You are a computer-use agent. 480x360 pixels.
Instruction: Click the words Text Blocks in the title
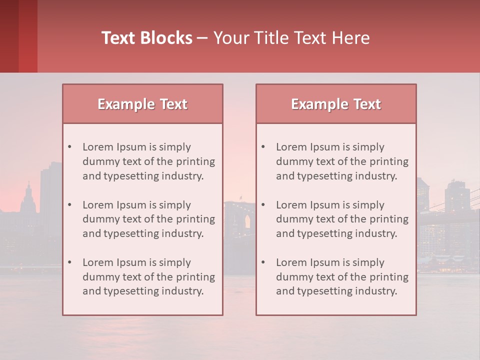click(x=147, y=38)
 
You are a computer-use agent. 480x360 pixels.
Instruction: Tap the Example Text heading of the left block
click(x=142, y=104)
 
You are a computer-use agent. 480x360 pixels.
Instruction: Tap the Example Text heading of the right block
click(x=336, y=104)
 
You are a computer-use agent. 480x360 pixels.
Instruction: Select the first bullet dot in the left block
click(x=69, y=147)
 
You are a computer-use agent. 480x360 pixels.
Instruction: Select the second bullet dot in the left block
click(x=69, y=205)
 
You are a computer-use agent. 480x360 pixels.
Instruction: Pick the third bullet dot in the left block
click(x=69, y=262)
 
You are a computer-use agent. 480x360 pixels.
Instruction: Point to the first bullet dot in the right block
click(x=263, y=147)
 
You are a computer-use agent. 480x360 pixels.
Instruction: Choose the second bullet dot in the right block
click(x=263, y=205)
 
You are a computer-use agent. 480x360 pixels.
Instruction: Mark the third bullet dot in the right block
click(x=263, y=262)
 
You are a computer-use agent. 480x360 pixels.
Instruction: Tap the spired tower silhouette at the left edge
click(x=28, y=197)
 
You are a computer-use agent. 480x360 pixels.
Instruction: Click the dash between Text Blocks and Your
click(x=203, y=38)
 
